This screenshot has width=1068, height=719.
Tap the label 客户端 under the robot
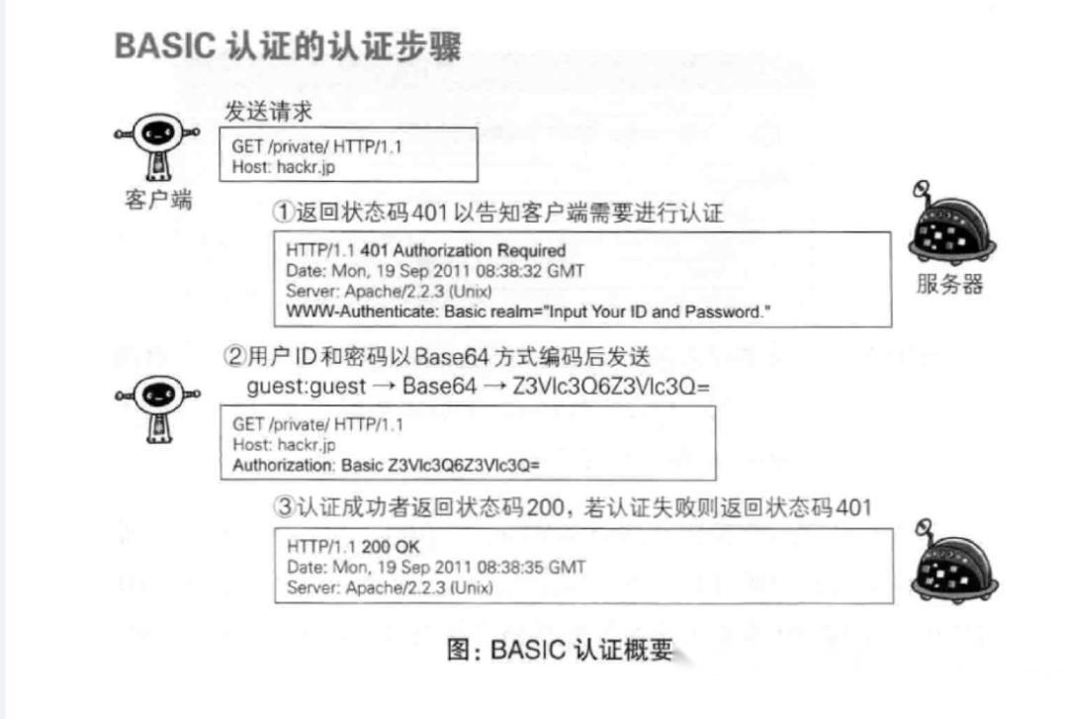pyautogui.click(x=158, y=199)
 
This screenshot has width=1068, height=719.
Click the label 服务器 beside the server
pyautogui.click(x=949, y=285)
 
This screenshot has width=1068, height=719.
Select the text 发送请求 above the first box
pyautogui.click(x=268, y=112)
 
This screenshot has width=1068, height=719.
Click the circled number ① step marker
pyautogui.click(x=284, y=213)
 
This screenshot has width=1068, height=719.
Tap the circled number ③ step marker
pyautogui.click(x=285, y=508)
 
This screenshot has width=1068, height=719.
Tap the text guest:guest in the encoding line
pyautogui.click(x=306, y=386)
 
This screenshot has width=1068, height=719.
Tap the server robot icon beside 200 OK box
pyautogui.click(x=950, y=564)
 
